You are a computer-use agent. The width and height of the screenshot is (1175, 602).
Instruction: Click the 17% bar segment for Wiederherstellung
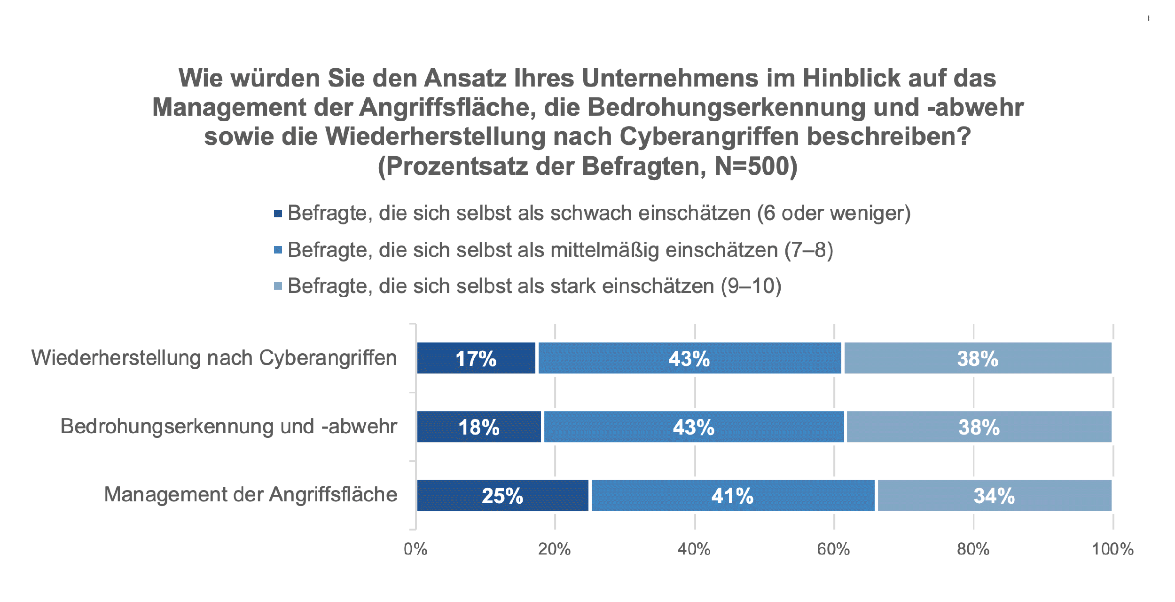[476, 358]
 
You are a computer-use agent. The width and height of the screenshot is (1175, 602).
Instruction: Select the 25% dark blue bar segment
[502, 496]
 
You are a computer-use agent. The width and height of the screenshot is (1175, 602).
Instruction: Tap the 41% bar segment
[733, 496]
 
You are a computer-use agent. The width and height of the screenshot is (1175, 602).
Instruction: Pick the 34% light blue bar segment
[995, 496]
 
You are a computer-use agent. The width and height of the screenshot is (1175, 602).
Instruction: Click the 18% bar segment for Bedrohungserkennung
[479, 427]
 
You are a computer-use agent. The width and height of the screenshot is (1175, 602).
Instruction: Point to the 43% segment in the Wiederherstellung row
[689, 358]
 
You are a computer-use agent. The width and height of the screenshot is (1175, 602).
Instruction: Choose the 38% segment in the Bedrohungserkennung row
[979, 427]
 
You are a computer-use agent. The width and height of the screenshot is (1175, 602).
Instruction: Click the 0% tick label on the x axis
[415, 549]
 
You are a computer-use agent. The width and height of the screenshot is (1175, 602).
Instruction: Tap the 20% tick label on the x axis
[555, 549]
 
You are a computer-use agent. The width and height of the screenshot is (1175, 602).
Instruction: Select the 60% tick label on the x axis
[833, 549]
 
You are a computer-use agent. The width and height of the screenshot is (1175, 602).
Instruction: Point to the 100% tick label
[1112, 549]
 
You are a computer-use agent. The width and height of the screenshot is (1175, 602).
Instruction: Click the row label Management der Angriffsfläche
[251, 495]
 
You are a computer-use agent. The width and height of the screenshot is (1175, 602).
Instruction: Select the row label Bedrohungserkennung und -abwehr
[229, 427]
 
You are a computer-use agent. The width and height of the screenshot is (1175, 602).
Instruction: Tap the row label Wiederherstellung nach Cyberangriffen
[214, 358]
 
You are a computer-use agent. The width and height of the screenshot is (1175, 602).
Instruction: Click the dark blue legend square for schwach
[278, 214]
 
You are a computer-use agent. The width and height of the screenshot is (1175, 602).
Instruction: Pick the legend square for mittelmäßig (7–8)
[278, 250]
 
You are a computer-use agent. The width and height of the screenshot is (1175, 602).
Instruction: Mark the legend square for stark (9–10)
[278, 286]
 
